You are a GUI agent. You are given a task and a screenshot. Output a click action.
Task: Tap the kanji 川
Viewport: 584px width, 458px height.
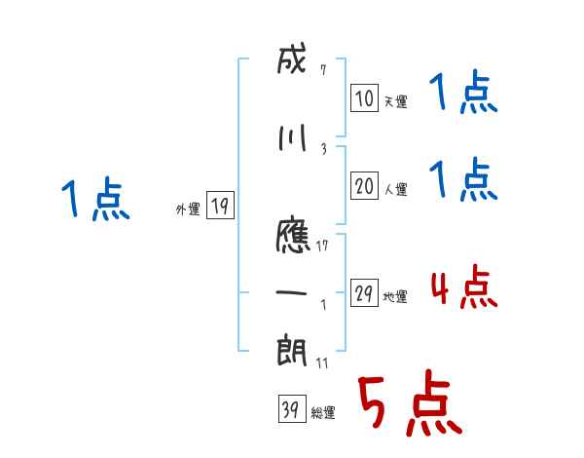pos(292,138)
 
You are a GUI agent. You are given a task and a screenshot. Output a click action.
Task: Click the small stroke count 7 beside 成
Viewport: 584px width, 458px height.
pos(322,70)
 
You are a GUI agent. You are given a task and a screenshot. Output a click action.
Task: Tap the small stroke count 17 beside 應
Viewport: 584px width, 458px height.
pos(324,245)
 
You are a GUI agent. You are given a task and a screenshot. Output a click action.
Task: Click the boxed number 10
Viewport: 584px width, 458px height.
pos(364,97)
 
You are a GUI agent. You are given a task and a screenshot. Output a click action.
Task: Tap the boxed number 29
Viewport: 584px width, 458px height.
pos(364,293)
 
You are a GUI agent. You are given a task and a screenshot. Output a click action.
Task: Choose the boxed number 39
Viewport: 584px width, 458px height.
pos(290,410)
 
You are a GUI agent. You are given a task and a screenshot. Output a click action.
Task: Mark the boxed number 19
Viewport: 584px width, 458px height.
pos(220,205)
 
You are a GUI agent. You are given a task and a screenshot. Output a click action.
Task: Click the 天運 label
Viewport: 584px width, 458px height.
pos(394,101)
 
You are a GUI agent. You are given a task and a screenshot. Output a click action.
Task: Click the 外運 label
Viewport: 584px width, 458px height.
pos(187,209)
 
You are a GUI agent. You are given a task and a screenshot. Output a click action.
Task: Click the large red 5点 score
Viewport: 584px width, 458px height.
pos(408,405)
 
